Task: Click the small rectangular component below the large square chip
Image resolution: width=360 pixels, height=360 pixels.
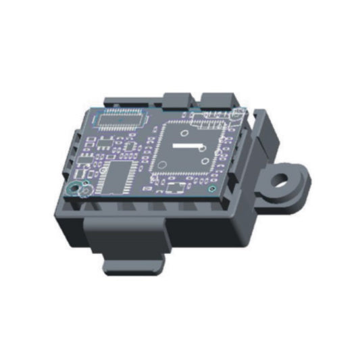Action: point(178,187)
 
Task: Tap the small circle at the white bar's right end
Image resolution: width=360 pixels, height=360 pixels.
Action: point(202,147)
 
